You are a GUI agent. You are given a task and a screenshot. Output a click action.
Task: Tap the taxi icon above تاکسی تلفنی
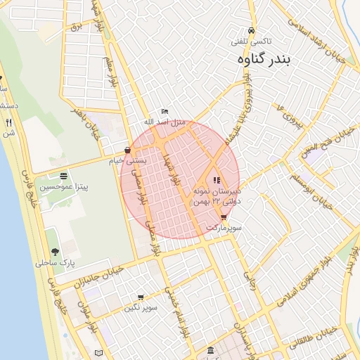point(252,31)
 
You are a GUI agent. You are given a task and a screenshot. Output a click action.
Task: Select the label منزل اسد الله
point(165,122)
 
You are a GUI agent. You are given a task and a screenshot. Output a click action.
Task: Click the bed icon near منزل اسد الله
point(165,111)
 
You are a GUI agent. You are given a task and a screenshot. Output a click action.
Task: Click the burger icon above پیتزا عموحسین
point(64,176)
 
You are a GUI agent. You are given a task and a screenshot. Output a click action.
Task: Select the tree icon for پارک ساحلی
point(54,252)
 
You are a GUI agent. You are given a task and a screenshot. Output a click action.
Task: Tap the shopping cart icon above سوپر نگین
point(141,297)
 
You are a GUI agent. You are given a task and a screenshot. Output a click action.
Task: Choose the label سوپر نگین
point(141,308)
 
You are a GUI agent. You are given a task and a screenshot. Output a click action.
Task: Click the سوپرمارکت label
point(224,229)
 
